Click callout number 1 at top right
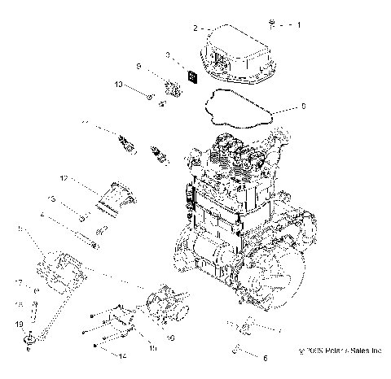pos(297,25)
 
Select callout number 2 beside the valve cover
pos(195,28)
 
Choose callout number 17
pos(17,282)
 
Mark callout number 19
pos(17,324)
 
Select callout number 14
pos(123,356)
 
